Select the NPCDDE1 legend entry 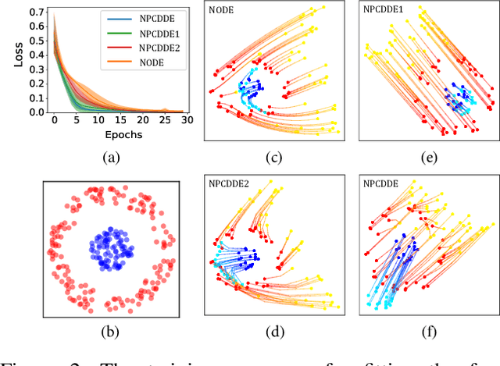click(152, 34)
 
